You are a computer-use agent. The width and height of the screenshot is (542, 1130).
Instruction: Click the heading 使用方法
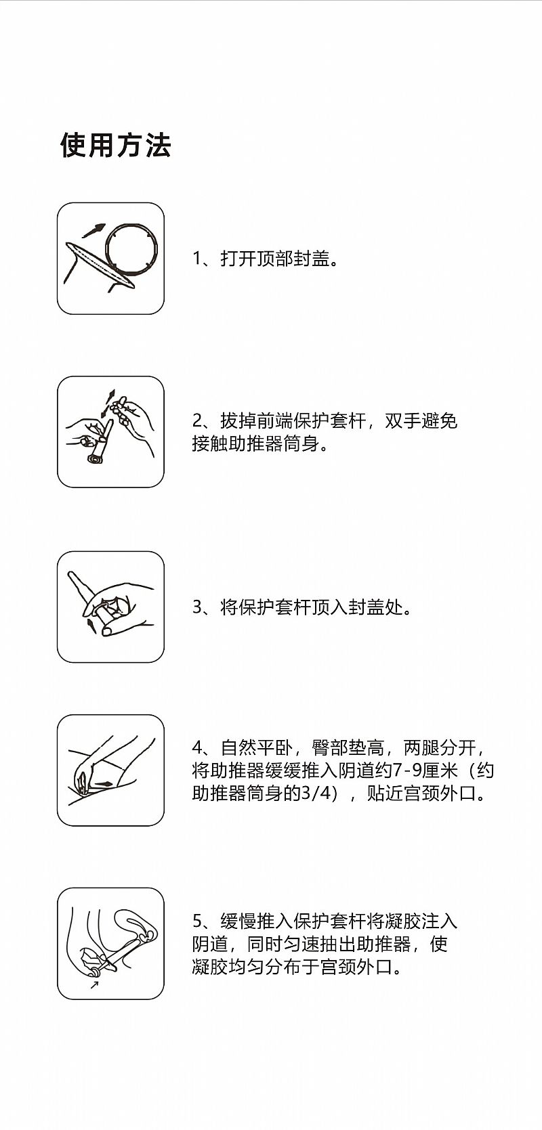point(116,146)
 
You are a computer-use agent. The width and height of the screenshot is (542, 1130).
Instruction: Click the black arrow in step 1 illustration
point(94,230)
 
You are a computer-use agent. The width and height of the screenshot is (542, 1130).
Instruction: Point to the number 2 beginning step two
point(197,420)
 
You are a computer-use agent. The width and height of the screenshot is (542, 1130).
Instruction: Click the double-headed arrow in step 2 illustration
point(108,403)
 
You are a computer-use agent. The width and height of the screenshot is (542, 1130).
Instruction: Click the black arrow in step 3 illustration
point(91,626)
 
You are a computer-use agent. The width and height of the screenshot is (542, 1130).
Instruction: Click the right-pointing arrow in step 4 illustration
point(104,784)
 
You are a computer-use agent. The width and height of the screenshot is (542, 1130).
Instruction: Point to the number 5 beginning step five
point(197,921)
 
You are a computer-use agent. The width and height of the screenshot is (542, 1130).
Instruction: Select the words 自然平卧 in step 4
point(257,747)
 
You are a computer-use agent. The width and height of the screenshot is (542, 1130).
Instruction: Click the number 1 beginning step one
point(197,259)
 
